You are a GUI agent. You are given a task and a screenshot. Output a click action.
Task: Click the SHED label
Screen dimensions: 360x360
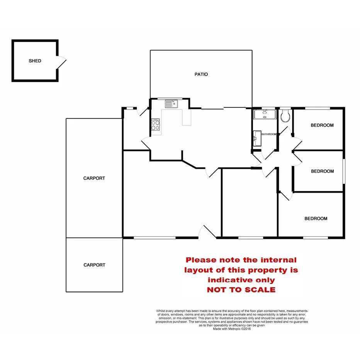pos(35,61)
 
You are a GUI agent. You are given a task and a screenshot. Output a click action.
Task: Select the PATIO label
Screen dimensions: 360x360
pos(201,74)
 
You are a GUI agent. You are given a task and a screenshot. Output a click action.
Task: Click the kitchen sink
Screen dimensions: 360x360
pos(170,104)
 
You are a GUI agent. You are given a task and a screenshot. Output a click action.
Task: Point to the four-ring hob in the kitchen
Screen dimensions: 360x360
pos(156,125)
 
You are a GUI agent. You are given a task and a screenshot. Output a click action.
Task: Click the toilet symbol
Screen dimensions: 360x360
pos(286,116)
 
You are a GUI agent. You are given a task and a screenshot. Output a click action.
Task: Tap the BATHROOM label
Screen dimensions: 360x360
pos(270,134)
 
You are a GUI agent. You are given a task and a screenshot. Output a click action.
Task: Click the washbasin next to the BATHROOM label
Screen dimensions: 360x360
pos(257,138)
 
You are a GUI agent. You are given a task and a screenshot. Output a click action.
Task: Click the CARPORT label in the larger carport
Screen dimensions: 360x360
pos(94,178)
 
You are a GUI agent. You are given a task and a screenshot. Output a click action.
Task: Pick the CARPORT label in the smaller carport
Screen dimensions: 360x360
pos(94,265)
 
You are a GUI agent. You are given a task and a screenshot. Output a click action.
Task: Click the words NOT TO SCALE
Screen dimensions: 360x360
pos(241,290)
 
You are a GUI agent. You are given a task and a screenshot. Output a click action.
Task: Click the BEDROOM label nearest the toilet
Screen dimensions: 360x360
pos(322,125)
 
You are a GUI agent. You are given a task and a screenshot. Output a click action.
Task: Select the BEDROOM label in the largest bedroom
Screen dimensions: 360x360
pos(316,219)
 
